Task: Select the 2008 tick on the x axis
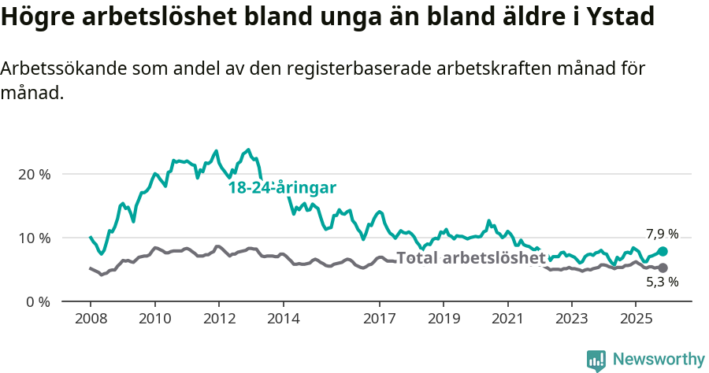point(90,320)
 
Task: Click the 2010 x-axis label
point(154,320)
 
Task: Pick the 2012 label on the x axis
point(218,320)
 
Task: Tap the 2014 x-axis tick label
point(283,320)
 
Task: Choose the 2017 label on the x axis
point(379,320)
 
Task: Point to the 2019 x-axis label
point(443,320)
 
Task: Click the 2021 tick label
point(507,320)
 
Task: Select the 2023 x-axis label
point(571,320)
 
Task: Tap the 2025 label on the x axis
point(636,320)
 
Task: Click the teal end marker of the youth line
point(663,251)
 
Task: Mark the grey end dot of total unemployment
point(663,268)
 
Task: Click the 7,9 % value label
point(662,234)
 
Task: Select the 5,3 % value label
point(662,282)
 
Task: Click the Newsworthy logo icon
point(596,360)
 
